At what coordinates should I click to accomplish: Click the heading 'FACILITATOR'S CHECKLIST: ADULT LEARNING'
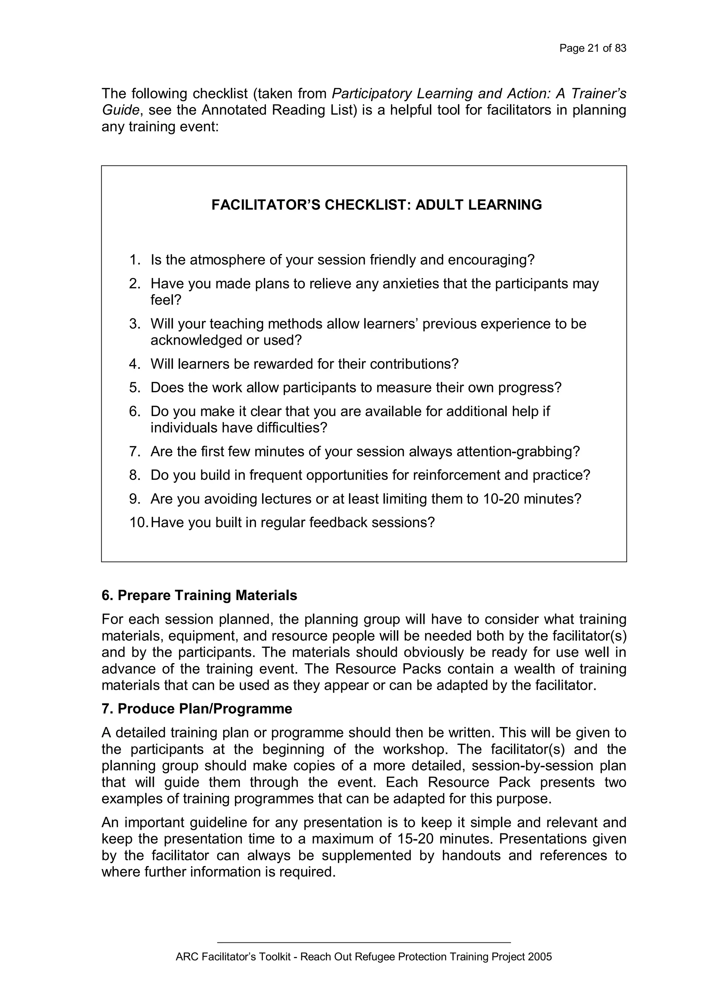377,205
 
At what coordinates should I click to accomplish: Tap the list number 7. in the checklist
135,451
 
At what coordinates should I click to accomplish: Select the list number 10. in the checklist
139,522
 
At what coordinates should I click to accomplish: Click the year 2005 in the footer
539,957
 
